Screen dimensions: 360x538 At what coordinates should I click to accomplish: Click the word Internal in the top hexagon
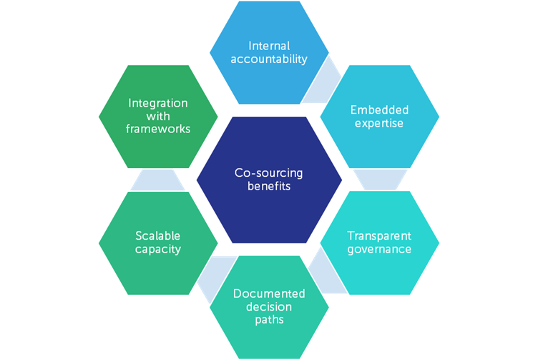pos(269,46)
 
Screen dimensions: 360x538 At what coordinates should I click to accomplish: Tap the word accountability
pos(269,59)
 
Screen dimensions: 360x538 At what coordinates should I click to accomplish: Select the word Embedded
pos(379,110)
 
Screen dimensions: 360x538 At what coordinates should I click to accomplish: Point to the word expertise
pos(379,123)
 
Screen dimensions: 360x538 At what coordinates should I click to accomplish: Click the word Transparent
pos(379,236)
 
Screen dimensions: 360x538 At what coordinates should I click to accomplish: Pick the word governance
pos(379,249)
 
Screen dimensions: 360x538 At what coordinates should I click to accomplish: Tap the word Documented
pos(269,293)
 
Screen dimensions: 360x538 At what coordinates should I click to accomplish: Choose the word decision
pos(269,306)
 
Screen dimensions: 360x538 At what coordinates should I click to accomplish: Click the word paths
pos(269,319)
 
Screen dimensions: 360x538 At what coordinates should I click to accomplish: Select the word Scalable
pos(157,236)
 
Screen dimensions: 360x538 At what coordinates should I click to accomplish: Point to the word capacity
pos(157,249)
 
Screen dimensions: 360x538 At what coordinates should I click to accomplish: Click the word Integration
pos(158,103)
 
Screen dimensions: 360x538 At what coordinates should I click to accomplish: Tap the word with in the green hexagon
pos(158,116)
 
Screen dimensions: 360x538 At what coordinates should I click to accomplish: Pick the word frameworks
pos(158,129)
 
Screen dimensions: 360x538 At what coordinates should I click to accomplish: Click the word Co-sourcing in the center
pos(269,172)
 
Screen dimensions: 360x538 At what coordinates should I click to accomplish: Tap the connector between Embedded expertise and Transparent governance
pos(379,179)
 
